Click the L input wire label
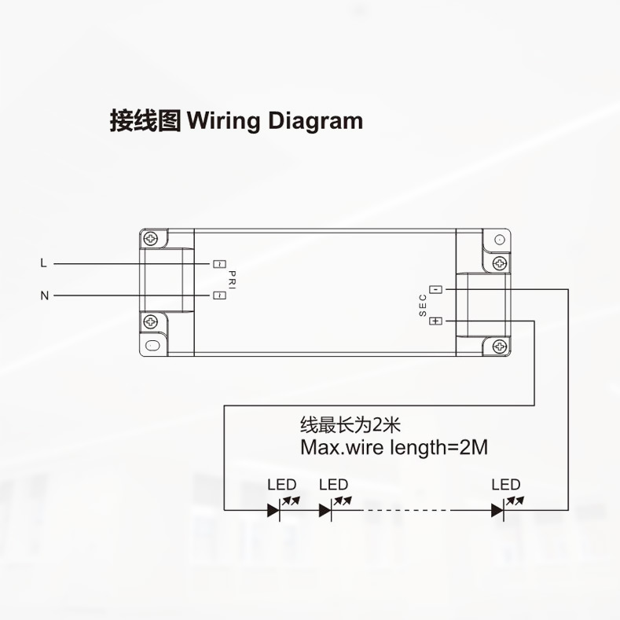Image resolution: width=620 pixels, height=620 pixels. pos(43,263)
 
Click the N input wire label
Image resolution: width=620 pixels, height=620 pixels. pos(44,295)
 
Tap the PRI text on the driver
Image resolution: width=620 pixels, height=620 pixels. pos(232,280)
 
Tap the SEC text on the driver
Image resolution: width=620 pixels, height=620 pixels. pos(423,305)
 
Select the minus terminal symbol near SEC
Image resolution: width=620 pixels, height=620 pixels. pos(436,289)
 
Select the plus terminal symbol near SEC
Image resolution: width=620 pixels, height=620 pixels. pos(436,321)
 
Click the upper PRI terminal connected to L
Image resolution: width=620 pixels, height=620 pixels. pos(219,264)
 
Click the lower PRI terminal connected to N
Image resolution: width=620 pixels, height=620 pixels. pos(219,295)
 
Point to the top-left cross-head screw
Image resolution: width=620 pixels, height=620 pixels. pos(150,238)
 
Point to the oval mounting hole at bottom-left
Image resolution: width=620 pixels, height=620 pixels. pos(152,346)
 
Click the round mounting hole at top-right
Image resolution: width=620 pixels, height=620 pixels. pos(500,239)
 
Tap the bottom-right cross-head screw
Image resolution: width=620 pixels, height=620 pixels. pos(500,347)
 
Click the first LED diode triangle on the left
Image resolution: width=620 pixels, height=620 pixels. pos(273,510)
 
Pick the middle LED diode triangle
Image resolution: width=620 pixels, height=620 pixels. pos(325,510)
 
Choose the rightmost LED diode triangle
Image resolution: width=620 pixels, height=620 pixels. pos(497,510)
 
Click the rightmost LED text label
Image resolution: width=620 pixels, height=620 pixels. pos(506,484)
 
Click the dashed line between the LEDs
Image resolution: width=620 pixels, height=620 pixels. pos(406,510)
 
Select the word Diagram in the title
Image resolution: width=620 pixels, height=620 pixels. pos(316,121)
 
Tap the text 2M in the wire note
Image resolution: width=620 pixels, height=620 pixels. pos(474,447)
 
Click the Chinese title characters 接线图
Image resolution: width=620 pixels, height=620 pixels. pos(145,120)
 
